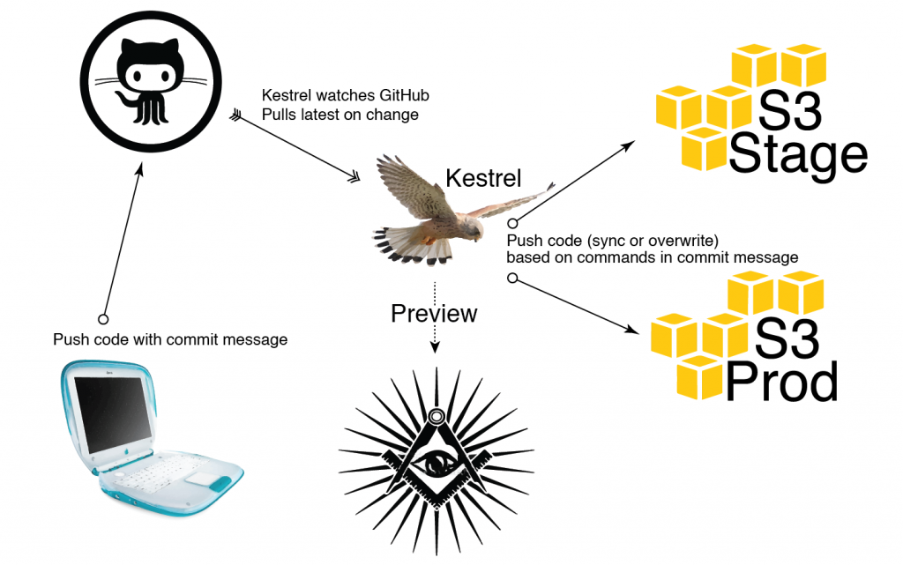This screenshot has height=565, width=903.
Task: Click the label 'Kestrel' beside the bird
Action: coord(483,177)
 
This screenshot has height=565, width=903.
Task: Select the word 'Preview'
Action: coord(434,313)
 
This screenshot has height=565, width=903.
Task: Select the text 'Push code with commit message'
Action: coord(170,339)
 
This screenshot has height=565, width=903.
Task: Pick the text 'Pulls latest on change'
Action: coord(340,115)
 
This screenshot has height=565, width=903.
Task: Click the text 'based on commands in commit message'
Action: coord(652,257)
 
